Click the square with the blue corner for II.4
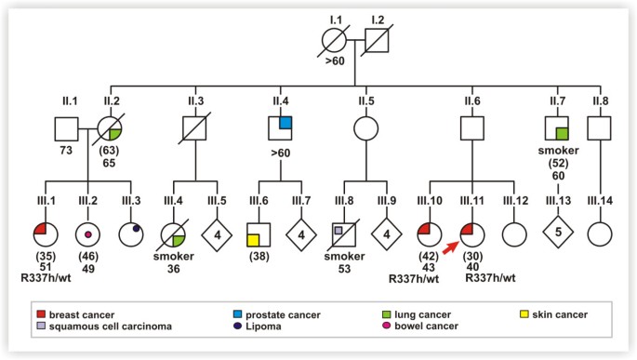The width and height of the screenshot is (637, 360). [x=282, y=126]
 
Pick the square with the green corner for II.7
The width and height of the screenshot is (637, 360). [x=554, y=126]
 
